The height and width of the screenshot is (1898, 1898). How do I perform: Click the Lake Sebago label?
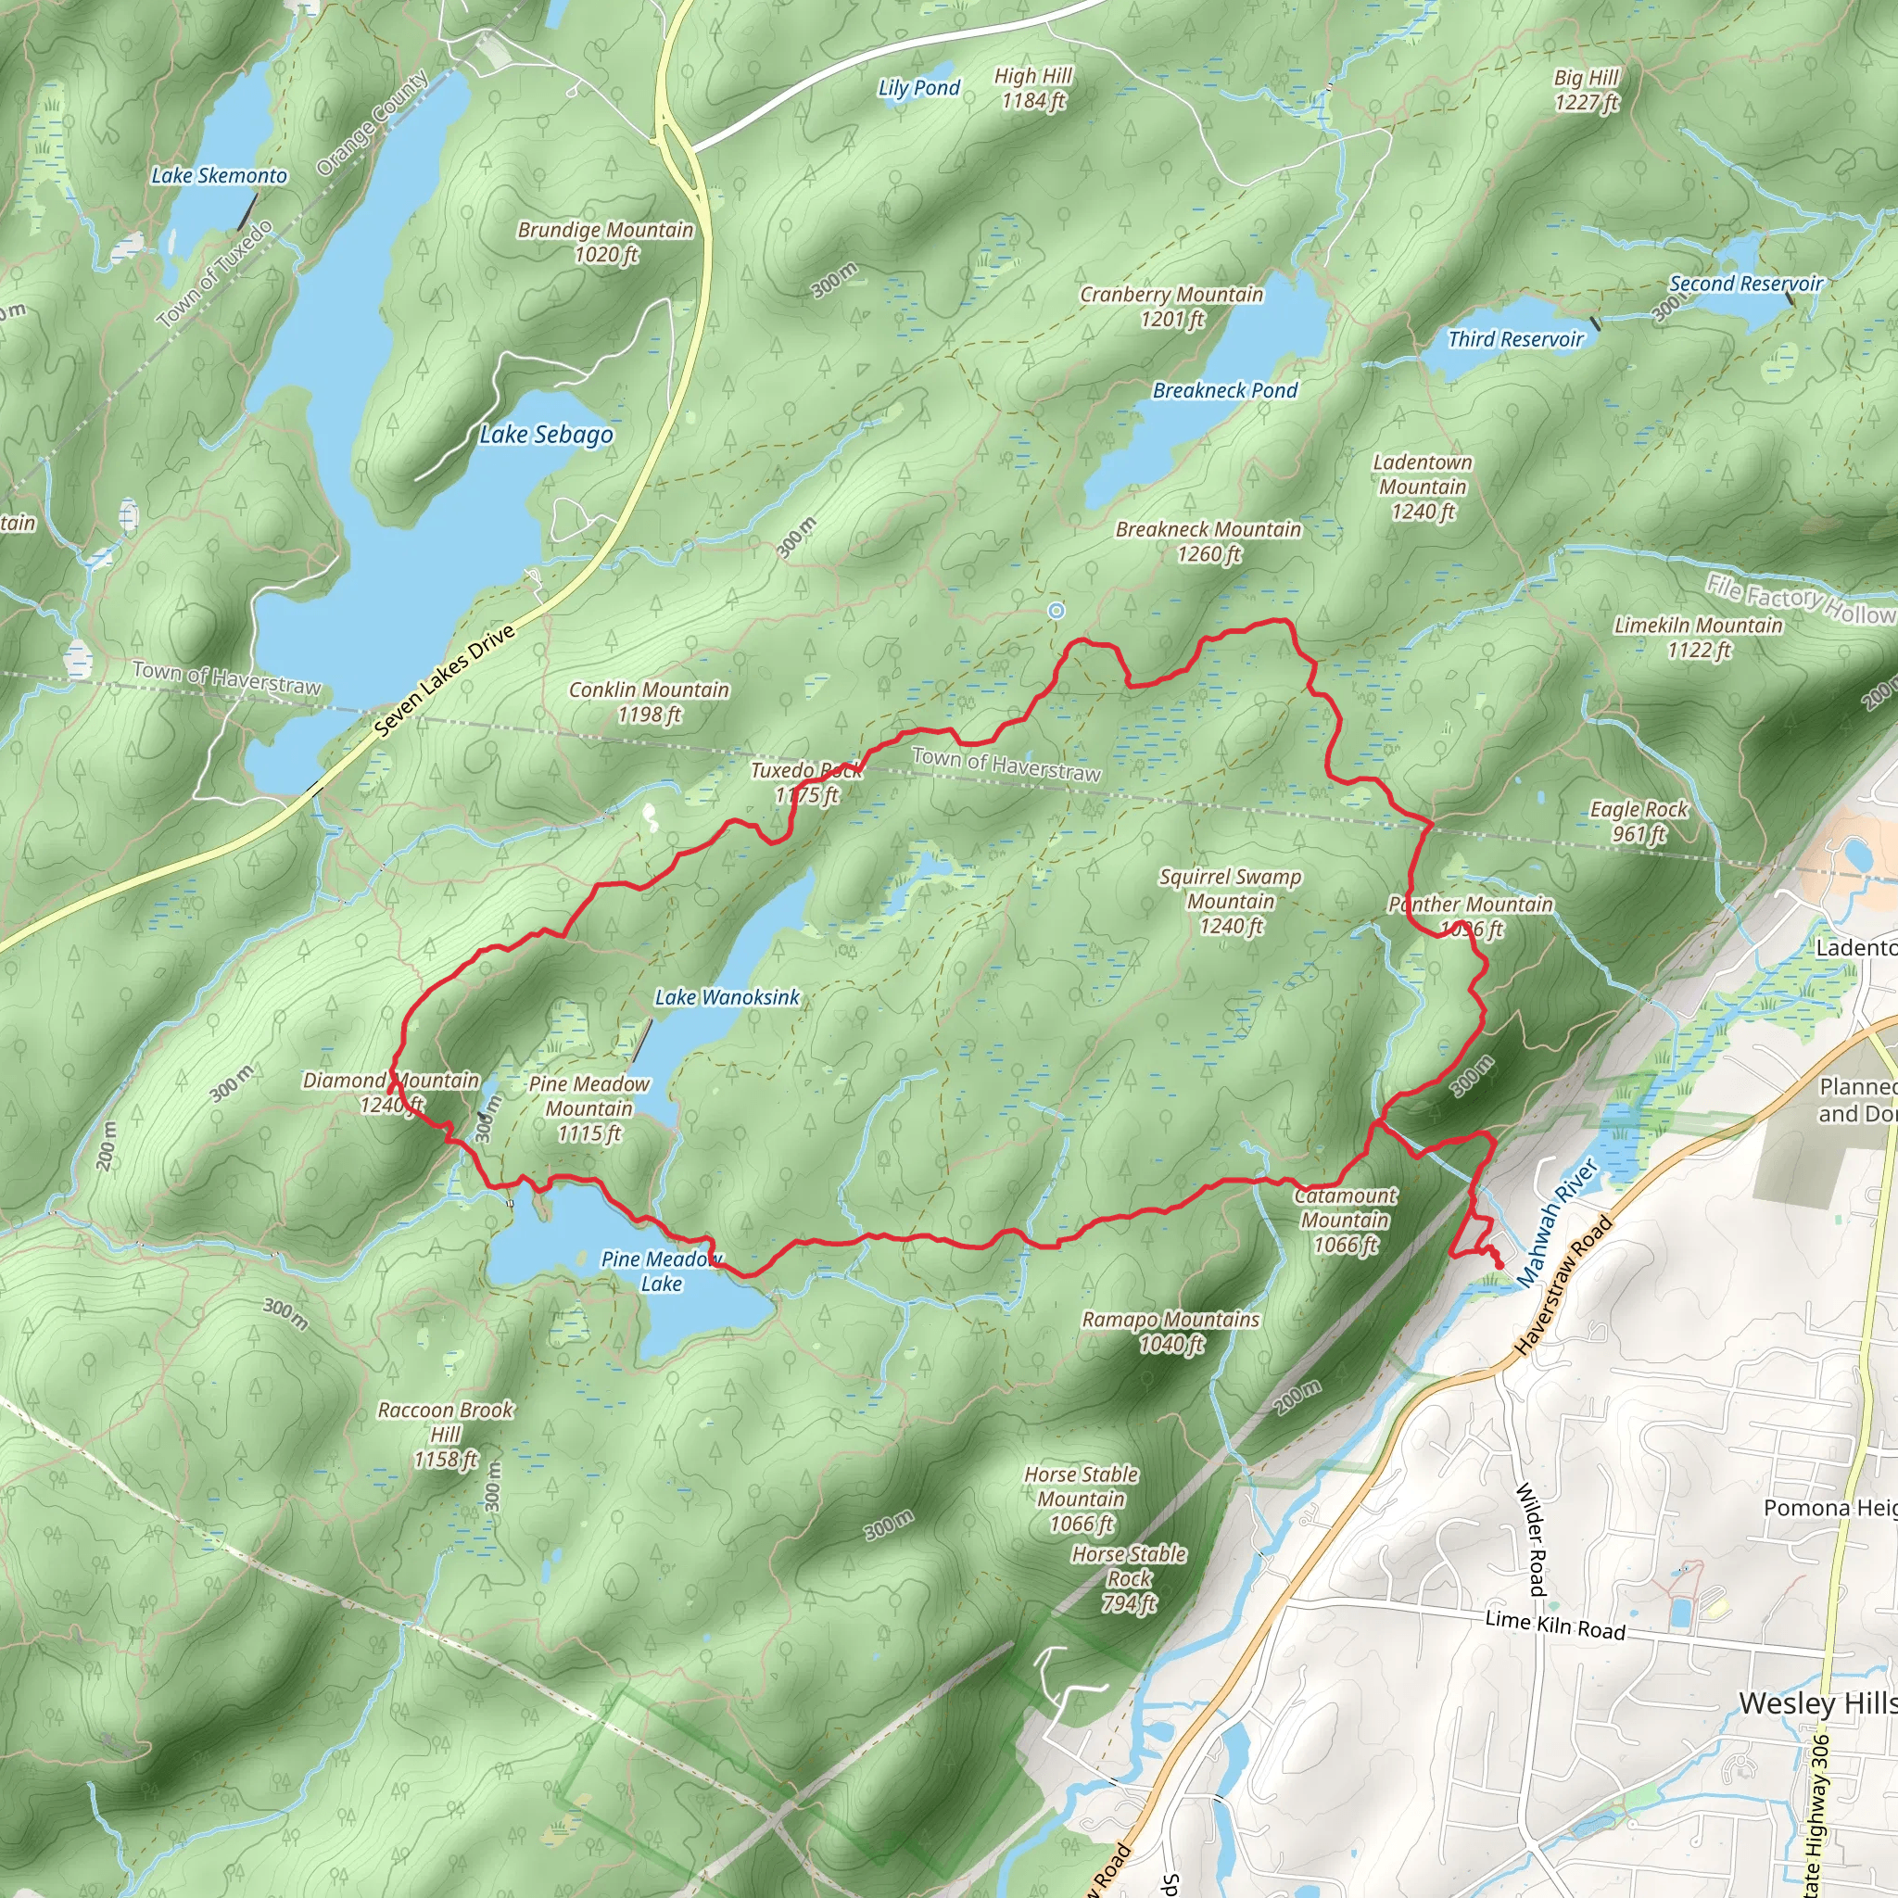tap(546, 435)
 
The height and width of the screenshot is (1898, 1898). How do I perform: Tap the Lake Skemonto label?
tap(219, 176)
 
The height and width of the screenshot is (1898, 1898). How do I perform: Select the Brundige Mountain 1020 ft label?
tap(605, 242)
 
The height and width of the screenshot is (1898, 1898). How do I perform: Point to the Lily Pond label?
tap(918, 88)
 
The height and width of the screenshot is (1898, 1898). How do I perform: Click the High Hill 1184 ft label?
tap(1032, 87)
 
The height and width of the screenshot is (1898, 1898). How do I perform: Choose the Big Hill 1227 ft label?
tap(1586, 89)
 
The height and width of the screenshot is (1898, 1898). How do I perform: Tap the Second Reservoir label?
tap(1746, 284)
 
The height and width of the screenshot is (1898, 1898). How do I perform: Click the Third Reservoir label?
tap(1516, 340)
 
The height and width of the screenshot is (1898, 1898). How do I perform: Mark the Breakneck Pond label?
tap(1224, 391)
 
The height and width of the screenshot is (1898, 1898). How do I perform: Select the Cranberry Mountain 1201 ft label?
tap(1171, 307)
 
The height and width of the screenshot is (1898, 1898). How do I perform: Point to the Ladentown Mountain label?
tap(1422, 487)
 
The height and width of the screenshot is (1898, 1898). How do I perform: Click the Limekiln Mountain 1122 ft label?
tap(1698, 638)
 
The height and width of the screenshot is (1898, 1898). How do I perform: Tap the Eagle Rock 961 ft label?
tap(1639, 821)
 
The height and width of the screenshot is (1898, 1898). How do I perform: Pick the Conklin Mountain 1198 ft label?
tap(649, 702)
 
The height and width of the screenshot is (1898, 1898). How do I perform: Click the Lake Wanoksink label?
tap(727, 997)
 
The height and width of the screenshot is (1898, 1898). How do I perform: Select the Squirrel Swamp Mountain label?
tap(1230, 901)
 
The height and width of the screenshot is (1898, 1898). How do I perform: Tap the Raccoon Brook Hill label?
tap(445, 1435)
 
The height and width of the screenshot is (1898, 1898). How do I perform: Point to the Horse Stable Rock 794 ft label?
tap(1129, 1578)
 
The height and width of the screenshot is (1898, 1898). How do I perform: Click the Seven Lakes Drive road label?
tap(445, 681)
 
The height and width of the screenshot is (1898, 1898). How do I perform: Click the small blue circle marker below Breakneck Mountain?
tap(1057, 611)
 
